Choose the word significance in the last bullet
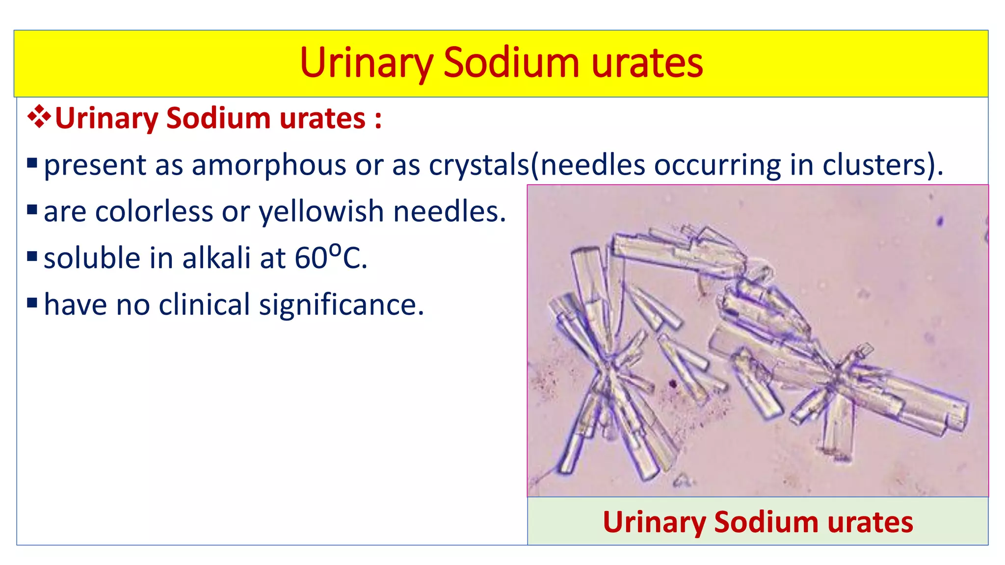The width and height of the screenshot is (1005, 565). [x=341, y=305]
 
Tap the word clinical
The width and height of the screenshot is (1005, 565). [x=205, y=305]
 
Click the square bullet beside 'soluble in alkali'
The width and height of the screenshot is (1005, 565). [x=32, y=256]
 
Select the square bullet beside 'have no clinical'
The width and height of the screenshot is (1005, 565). [x=32, y=303]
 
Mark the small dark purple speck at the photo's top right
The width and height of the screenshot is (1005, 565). [x=940, y=221]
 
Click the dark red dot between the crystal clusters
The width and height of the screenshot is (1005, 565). [x=673, y=383]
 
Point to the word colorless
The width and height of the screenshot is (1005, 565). [x=153, y=212]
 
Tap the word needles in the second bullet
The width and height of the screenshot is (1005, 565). [x=450, y=212]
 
